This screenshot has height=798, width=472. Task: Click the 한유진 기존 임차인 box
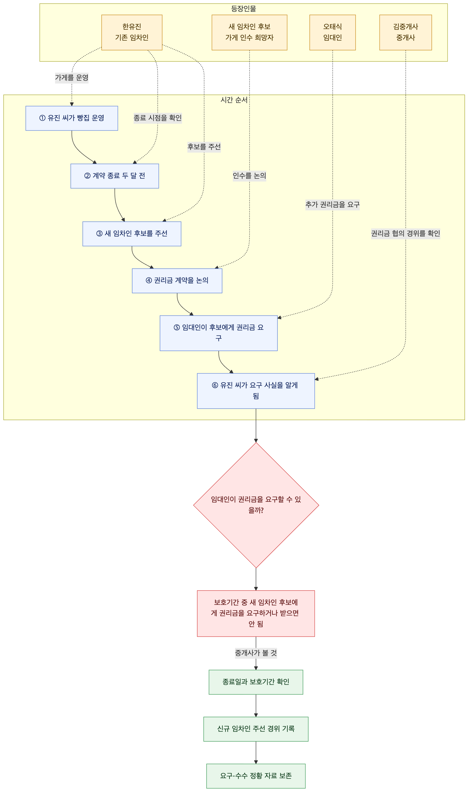pos(132,33)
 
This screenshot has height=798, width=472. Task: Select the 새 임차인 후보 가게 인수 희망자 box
pos(249,33)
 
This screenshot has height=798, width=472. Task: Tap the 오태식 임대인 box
pos(332,33)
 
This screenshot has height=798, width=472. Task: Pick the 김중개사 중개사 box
pos(406,33)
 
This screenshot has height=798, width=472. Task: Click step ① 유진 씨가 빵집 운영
pos(71,118)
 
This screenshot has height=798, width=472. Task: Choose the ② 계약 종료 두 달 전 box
pos(114,176)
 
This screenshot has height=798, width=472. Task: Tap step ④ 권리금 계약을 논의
pos(177,281)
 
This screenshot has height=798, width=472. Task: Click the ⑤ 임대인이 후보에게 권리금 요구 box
pos(218,333)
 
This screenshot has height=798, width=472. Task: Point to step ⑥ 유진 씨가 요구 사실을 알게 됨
pos(256,391)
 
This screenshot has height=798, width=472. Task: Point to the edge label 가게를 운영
pos(71,78)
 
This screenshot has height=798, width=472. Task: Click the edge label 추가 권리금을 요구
pos(332,205)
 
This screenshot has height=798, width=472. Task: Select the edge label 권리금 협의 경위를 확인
pos(406,234)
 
